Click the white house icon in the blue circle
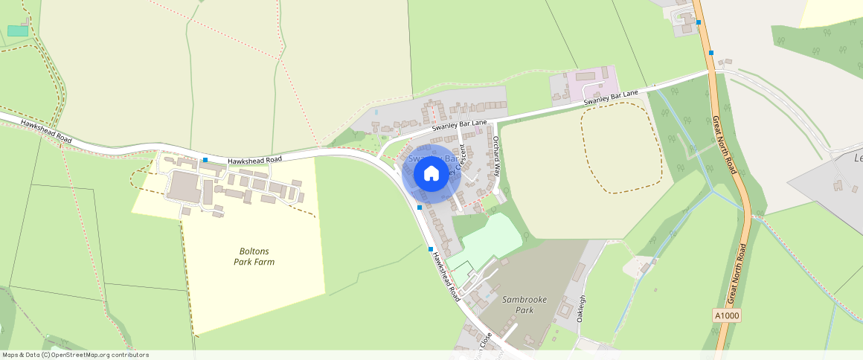(x=431, y=174)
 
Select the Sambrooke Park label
(x=524, y=304)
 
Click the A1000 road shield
(x=726, y=315)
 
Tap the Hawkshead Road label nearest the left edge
(x=46, y=131)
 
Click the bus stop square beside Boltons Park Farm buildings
(x=205, y=160)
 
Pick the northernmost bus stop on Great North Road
(x=699, y=22)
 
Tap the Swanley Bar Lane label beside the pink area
(x=611, y=97)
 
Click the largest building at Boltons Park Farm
(x=182, y=186)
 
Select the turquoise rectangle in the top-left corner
(x=17, y=30)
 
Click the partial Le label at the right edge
(x=857, y=158)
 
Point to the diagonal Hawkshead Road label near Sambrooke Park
(x=446, y=272)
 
